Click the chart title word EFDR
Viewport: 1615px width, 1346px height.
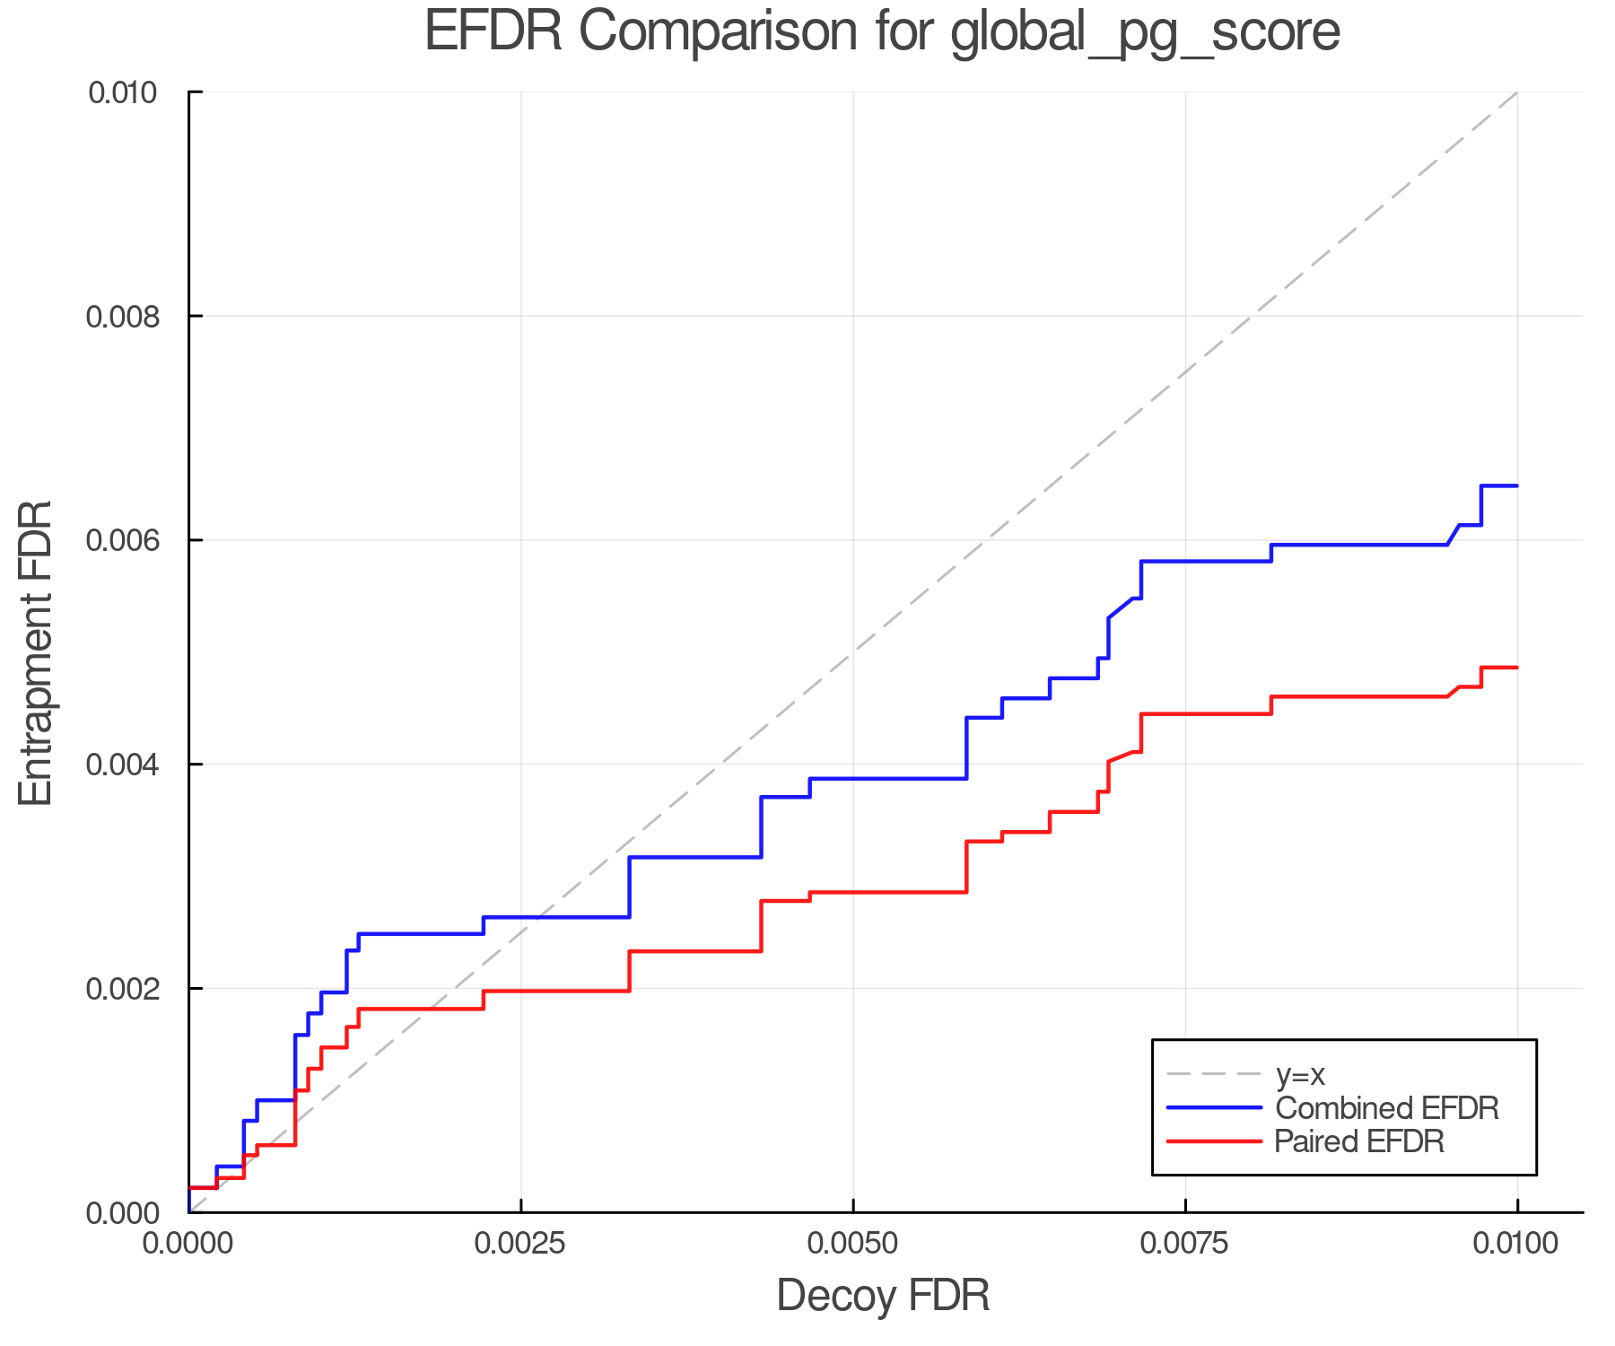click(x=493, y=31)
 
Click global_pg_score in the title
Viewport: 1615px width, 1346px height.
click(x=1145, y=33)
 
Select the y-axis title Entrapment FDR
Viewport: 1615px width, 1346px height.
click(x=36, y=653)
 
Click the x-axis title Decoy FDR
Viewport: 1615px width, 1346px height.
click(x=883, y=1296)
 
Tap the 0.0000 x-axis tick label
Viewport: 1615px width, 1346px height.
click(x=189, y=1244)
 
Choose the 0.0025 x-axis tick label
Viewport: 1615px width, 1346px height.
click(x=521, y=1244)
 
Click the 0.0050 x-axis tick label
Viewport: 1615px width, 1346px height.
click(x=853, y=1244)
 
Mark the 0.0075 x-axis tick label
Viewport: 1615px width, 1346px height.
click(x=1185, y=1244)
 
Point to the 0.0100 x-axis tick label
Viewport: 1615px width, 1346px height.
click(x=1517, y=1244)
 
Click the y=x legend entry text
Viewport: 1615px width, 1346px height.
click(x=1300, y=1074)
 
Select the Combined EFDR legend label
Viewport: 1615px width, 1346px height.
click(x=1386, y=1108)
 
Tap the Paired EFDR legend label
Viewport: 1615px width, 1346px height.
click(x=1359, y=1141)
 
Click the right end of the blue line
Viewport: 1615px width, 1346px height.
click(x=1516, y=486)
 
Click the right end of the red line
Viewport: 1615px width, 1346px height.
click(x=1516, y=668)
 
